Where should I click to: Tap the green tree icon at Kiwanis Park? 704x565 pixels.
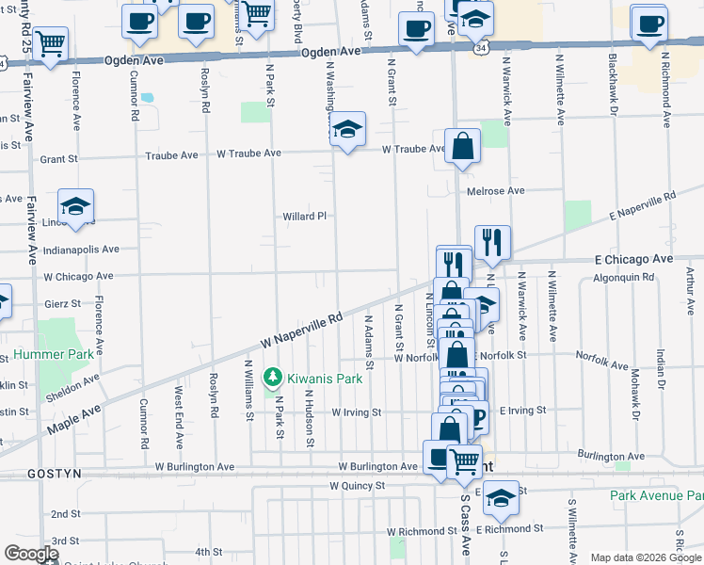pyautogui.click(x=273, y=378)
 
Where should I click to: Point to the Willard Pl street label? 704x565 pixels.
pyautogui.click(x=304, y=216)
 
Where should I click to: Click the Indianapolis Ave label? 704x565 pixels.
pyautogui.click(x=82, y=250)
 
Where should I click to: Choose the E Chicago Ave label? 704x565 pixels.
pyautogui.click(x=633, y=258)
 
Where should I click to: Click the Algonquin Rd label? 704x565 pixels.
pyautogui.click(x=623, y=278)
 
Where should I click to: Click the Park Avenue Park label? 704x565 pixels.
pyautogui.click(x=656, y=495)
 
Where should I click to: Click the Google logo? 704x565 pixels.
pyautogui.click(x=31, y=554)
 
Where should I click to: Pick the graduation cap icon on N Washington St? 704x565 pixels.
pyautogui.click(x=347, y=130)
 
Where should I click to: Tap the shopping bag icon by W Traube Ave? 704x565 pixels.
pyautogui.click(x=462, y=146)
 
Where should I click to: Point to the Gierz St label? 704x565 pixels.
pyautogui.click(x=62, y=304)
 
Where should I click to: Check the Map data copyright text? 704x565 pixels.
pyautogui.click(x=646, y=557)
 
